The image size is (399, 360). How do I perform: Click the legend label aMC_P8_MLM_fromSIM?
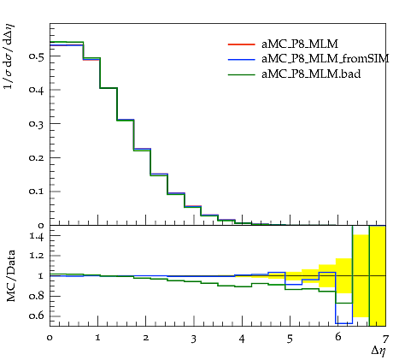325,59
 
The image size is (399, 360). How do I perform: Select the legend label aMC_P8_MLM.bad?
311,74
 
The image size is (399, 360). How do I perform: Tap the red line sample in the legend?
242,44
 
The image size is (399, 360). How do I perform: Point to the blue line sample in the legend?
242,59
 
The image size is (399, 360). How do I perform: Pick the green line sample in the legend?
242,74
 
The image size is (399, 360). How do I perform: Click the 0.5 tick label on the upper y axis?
36,56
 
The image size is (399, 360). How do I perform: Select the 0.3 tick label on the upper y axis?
36,124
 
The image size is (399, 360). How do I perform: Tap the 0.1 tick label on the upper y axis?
36,192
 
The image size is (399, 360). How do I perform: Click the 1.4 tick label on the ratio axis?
37,236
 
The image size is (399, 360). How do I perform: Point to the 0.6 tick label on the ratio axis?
36,316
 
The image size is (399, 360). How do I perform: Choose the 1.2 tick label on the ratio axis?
37,256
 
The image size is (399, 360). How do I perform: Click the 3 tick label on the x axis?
194,339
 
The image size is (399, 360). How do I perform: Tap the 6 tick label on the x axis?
338,337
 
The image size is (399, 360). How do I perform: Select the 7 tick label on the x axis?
385,339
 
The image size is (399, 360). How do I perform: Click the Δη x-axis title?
378,351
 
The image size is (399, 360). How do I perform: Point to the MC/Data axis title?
10,276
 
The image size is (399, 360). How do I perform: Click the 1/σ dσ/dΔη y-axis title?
9,56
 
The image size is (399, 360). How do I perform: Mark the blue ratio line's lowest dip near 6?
344,323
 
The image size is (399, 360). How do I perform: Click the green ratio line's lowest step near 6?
344,303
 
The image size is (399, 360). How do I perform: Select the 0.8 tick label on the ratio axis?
36,296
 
